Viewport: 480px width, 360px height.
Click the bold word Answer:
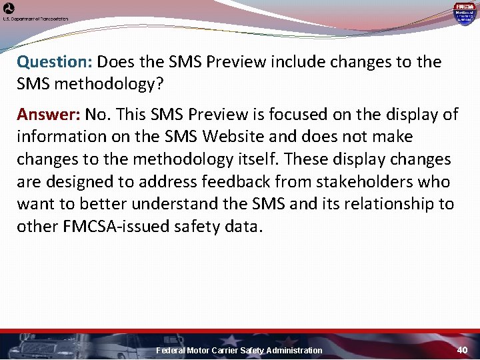48,115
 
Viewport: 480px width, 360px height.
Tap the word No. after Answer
97,115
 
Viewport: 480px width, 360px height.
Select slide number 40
463,350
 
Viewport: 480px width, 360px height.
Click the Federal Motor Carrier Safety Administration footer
239,351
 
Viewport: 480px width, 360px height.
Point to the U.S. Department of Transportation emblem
9,9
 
